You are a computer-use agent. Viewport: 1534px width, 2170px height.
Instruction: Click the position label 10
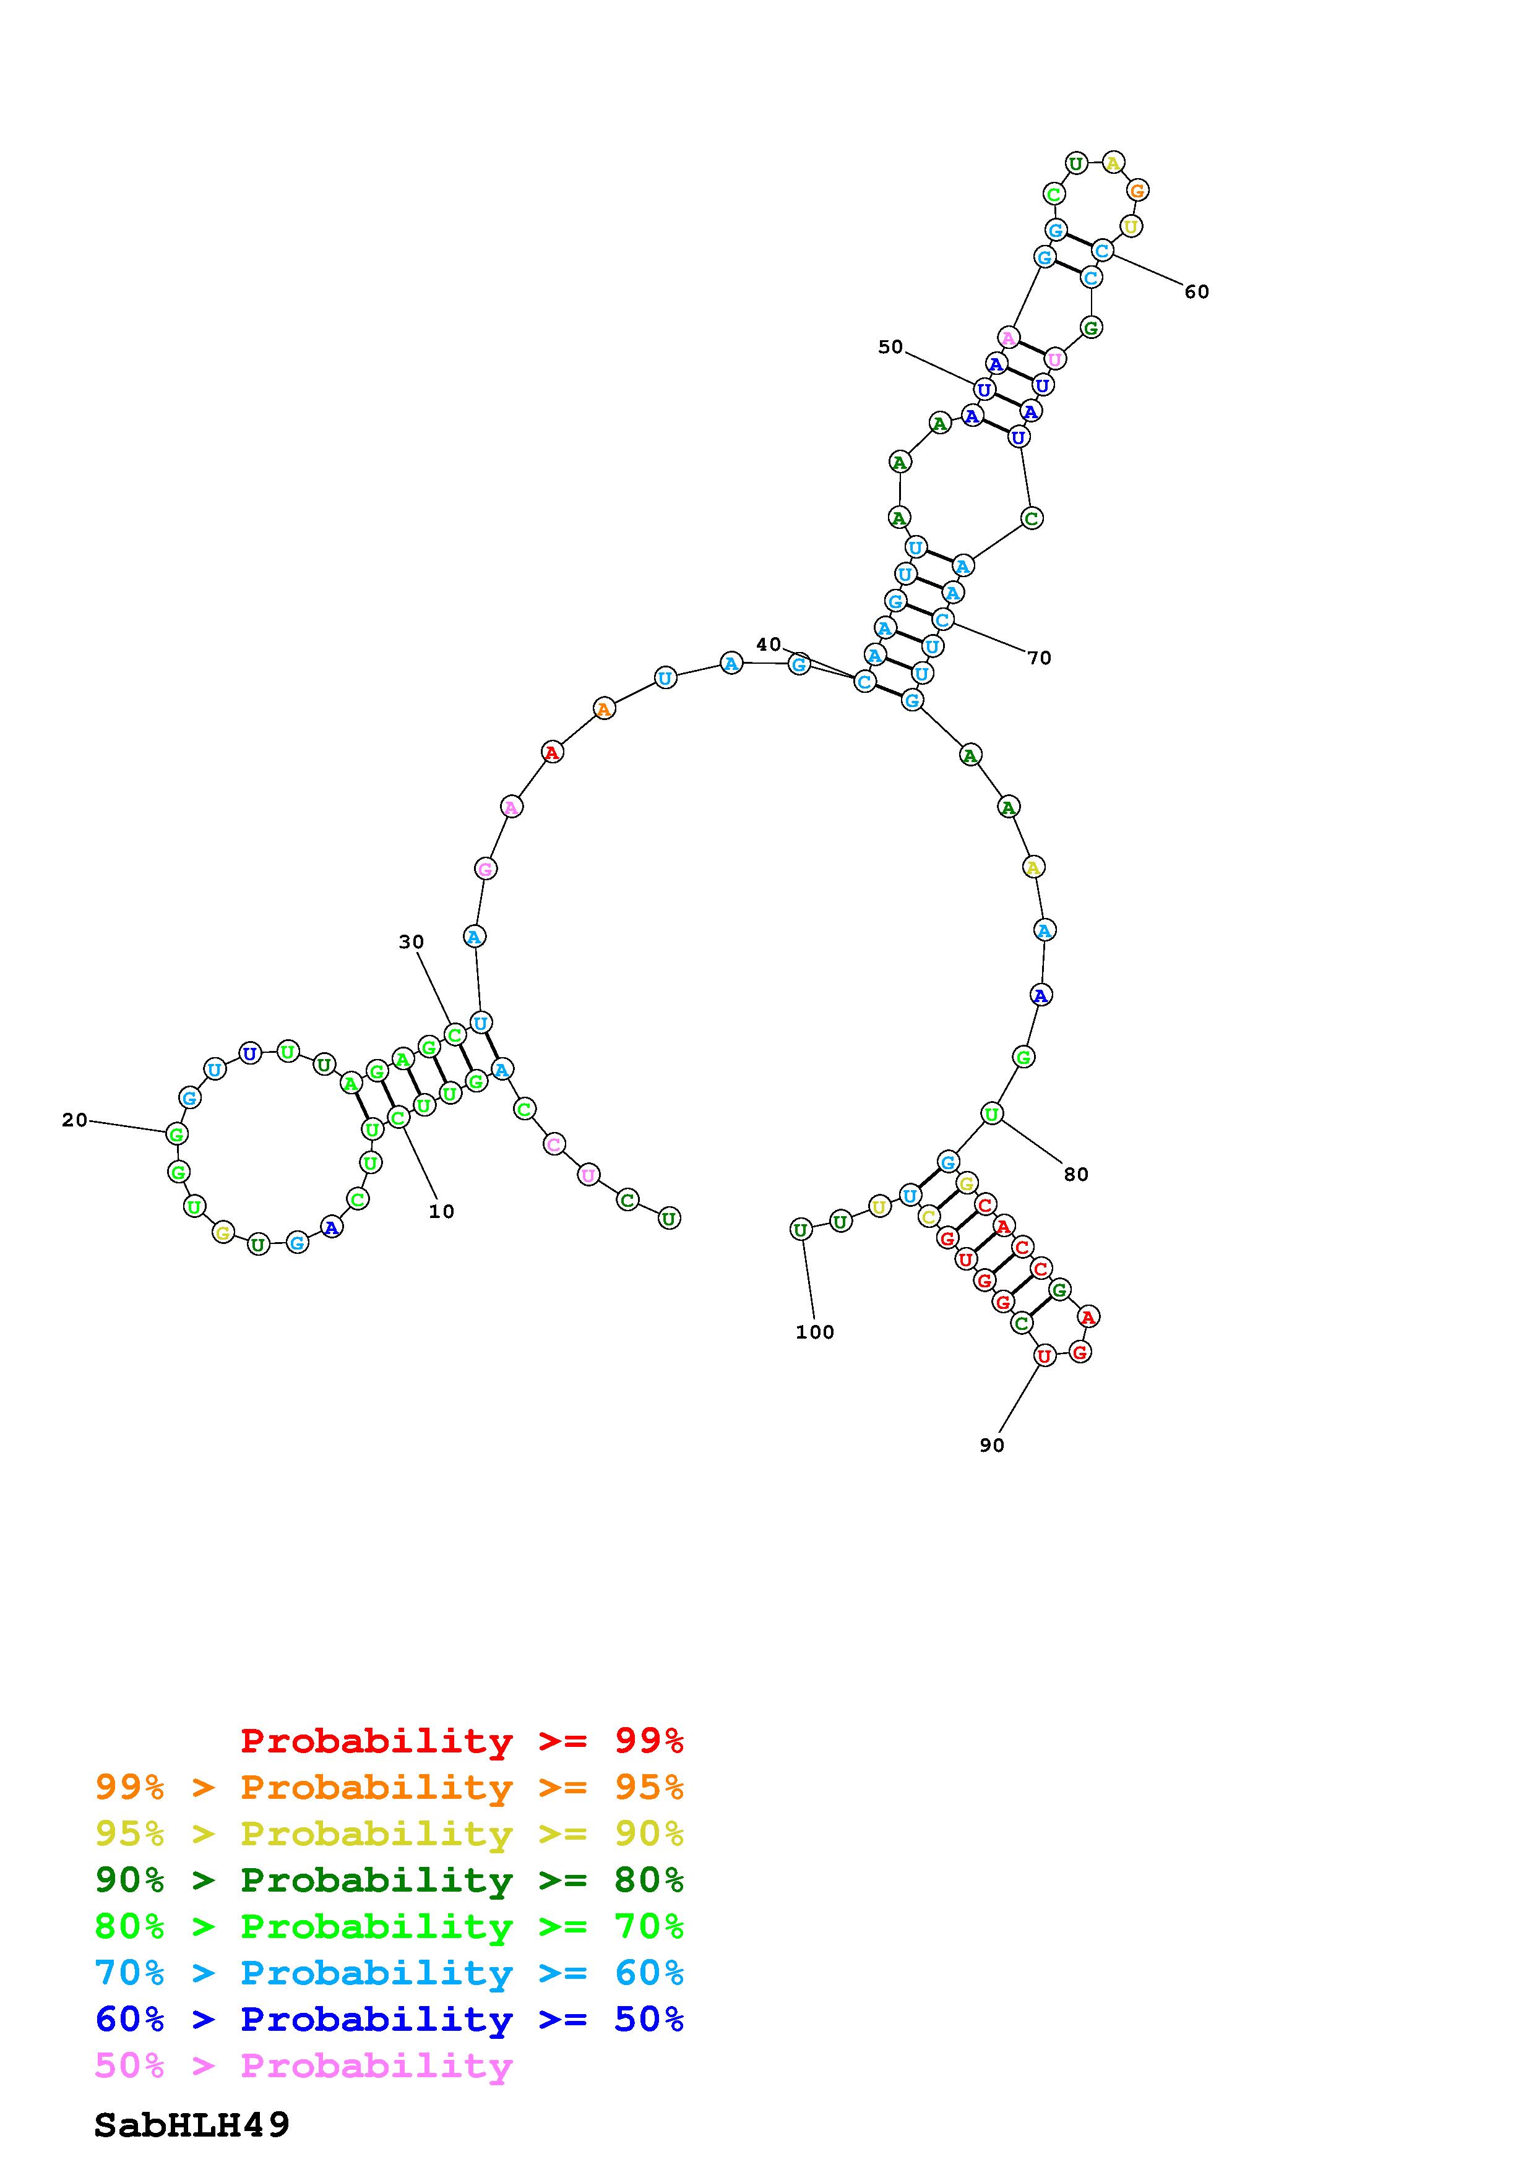441,1212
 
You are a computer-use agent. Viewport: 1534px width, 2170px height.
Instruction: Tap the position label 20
75,1120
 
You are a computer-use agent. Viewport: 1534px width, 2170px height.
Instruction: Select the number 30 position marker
411,941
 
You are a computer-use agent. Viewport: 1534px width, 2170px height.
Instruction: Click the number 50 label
890,347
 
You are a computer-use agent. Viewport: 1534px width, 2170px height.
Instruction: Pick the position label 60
1197,292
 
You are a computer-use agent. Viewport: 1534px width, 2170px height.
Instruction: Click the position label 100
815,1332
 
